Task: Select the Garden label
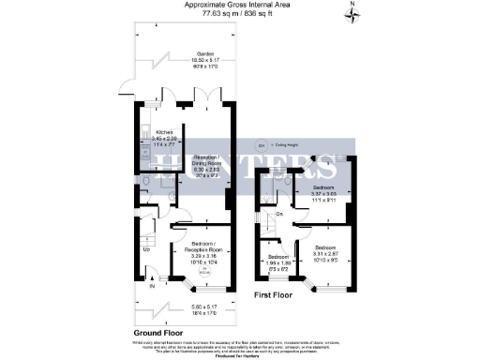[x=198, y=53]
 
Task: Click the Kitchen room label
[x=152, y=133]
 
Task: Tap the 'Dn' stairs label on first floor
[x=279, y=214]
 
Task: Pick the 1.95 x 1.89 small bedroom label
[x=278, y=260]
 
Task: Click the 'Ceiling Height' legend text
[x=288, y=144]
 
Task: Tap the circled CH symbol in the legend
[x=261, y=144]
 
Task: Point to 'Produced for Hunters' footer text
[x=240, y=357]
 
